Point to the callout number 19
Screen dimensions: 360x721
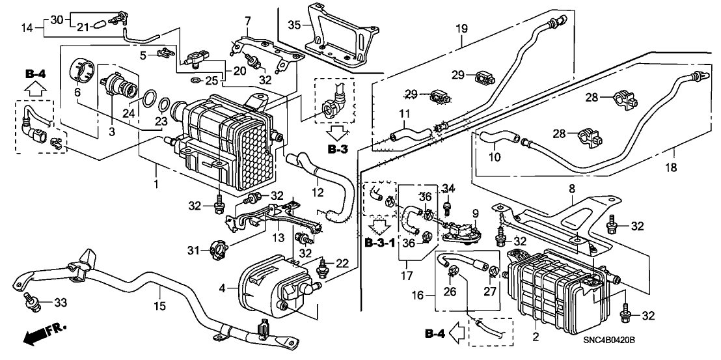(x=462, y=29)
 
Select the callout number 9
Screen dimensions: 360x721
(x=475, y=212)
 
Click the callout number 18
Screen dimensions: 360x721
(x=672, y=168)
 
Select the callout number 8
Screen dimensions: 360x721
(x=572, y=189)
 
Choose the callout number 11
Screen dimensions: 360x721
(x=403, y=115)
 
